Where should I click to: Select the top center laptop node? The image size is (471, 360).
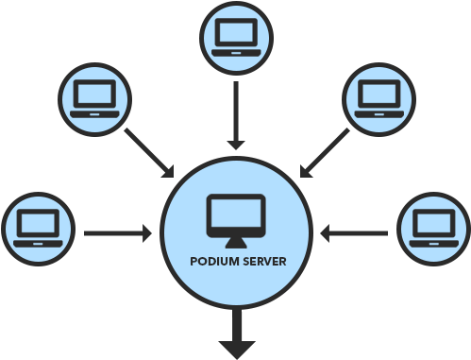[235, 39]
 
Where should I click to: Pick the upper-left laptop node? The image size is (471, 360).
[95, 98]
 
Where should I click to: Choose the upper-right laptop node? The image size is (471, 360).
[376, 98]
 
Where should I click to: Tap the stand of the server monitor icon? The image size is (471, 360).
[236, 242]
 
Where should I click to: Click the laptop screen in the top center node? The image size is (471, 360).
[235, 35]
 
